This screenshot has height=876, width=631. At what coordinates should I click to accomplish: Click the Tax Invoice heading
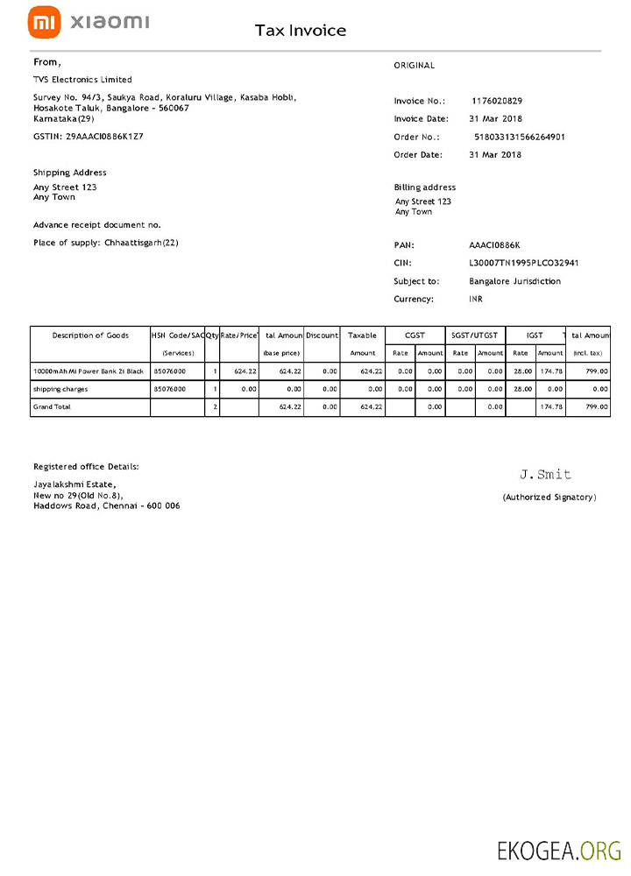(301, 31)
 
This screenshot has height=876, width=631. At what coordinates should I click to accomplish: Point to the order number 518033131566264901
(519, 137)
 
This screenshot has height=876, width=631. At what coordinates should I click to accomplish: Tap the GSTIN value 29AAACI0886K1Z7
(104, 137)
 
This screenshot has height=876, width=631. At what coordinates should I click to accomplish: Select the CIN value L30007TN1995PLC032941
(524, 263)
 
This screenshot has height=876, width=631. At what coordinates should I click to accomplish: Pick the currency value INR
(476, 299)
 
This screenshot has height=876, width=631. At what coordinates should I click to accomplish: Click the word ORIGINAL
(414, 66)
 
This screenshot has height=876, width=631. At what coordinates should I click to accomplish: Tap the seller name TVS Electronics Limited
(82, 80)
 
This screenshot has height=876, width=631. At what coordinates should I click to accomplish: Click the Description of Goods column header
(90, 336)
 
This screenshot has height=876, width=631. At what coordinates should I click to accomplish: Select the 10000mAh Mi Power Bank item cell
(88, 371)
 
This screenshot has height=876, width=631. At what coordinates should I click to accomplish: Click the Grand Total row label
(53, 407)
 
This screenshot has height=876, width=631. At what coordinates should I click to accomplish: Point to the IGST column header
(535, 336)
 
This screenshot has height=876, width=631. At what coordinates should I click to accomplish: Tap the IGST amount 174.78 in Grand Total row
(550, 407)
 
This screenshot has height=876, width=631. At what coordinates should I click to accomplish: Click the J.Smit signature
(545, 474)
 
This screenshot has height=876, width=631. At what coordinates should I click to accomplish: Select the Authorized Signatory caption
(549, 497)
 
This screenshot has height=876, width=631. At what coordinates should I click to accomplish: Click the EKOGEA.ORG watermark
(559, 850)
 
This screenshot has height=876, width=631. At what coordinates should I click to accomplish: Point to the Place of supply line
(106, 243)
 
